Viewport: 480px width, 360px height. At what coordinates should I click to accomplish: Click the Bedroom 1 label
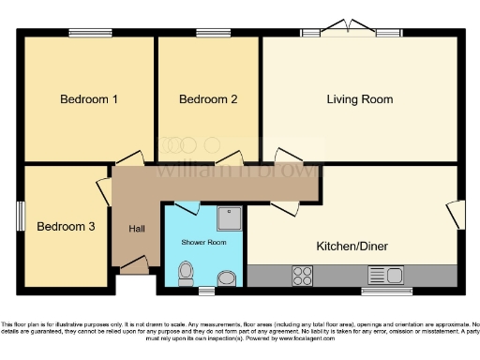click(88, 99)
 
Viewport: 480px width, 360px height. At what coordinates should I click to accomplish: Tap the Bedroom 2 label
click(207, 99)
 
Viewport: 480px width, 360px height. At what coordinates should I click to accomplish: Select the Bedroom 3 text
click(66, 226)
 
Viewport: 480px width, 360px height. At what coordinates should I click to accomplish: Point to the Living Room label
click(359, 99)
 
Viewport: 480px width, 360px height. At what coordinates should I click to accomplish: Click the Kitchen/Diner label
click(353, 247)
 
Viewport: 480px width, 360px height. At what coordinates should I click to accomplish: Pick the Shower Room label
click(204, 242)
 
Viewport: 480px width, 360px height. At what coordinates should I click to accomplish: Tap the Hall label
click(137, 229)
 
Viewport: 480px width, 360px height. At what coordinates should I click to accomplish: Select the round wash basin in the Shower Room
click(225, 277)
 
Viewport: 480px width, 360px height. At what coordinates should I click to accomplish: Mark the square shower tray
click(229, 218)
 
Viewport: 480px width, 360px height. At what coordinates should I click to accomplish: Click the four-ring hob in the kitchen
click(304, 276)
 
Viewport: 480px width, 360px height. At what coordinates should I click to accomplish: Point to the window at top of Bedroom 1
click(91, 34)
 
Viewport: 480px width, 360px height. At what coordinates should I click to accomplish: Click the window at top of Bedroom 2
click(208, 34)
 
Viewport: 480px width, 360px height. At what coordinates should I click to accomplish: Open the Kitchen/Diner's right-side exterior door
click(456, 215)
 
